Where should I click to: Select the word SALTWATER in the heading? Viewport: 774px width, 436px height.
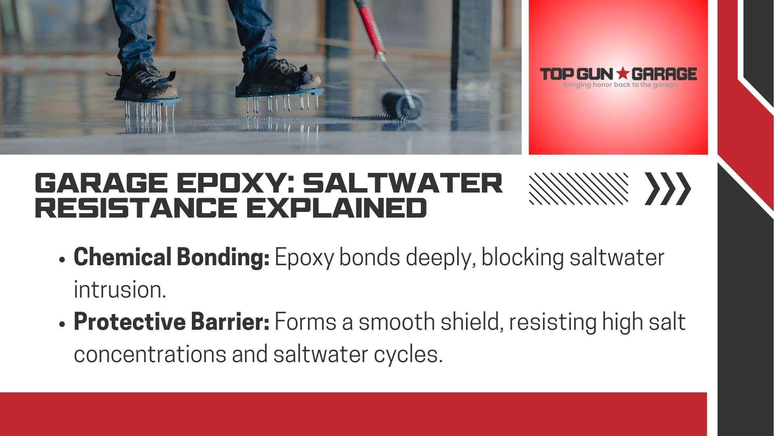[x=403, y=184]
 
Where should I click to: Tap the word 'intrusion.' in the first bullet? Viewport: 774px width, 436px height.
[x=120, y=289]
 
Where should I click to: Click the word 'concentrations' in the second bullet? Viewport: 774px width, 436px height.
[x=149, y=354]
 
